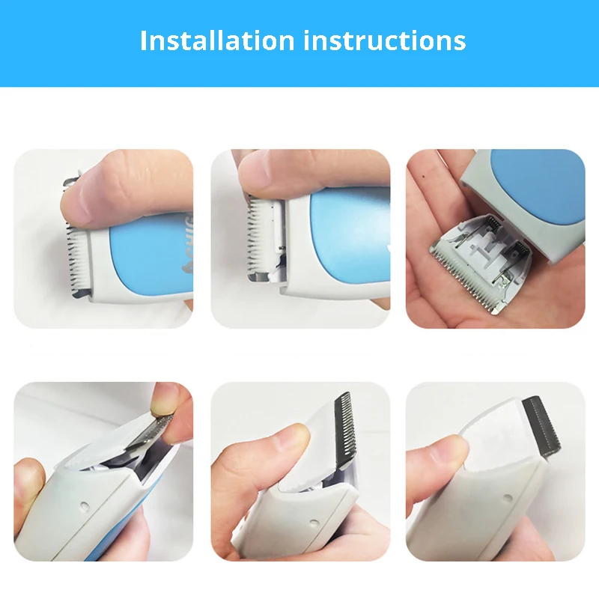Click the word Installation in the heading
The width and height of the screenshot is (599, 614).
point(217,40)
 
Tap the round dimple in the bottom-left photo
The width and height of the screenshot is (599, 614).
point(84,506)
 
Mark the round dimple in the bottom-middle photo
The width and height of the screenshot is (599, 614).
point(314,523)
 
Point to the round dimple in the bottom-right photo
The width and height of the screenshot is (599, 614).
point(508,498)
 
